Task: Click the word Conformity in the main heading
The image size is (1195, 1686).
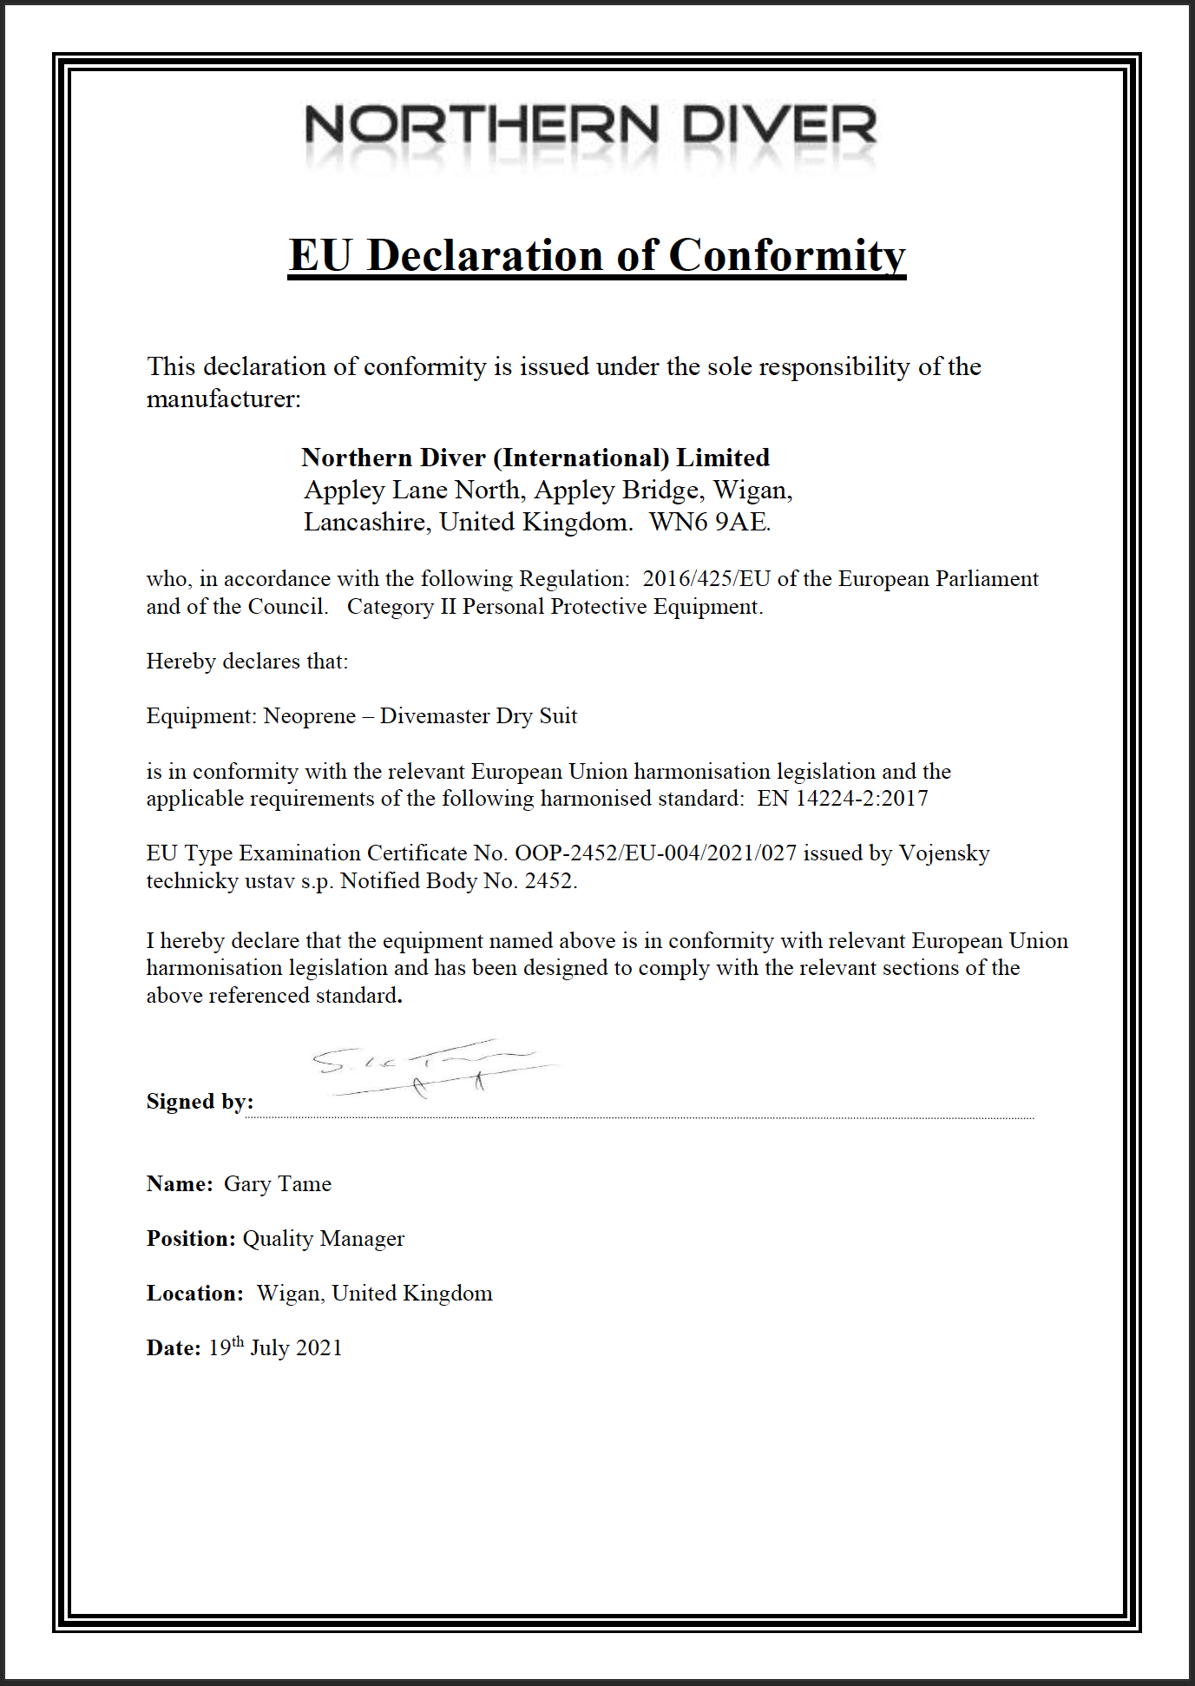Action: click(787, 256)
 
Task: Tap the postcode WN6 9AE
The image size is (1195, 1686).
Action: click(709, 523)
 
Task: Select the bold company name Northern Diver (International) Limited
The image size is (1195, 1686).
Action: click(535, 458)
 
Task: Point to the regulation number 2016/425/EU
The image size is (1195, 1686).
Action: click(706, 579)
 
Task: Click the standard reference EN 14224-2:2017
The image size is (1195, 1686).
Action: click(843, 799)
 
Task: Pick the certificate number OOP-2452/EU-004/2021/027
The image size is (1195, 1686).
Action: click(655, 853)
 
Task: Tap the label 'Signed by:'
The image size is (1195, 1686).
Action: click(200, 1102)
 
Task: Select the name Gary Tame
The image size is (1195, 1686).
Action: click(278, 1184)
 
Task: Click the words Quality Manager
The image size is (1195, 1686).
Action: click(324, 1239)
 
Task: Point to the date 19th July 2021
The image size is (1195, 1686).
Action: click(276, 1348)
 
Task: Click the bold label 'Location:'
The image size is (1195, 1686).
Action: click(195, 1294)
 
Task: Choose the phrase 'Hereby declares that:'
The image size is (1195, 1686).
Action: click(247, 662)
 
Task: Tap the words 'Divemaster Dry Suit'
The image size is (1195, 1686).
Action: click(478, 716)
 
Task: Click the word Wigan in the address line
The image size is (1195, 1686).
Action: click(752, 491)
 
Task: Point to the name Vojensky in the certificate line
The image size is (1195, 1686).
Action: click(944, 853)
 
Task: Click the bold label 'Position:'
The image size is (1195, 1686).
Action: click(191, 1239)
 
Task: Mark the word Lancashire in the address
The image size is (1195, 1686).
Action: click(367, 523)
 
